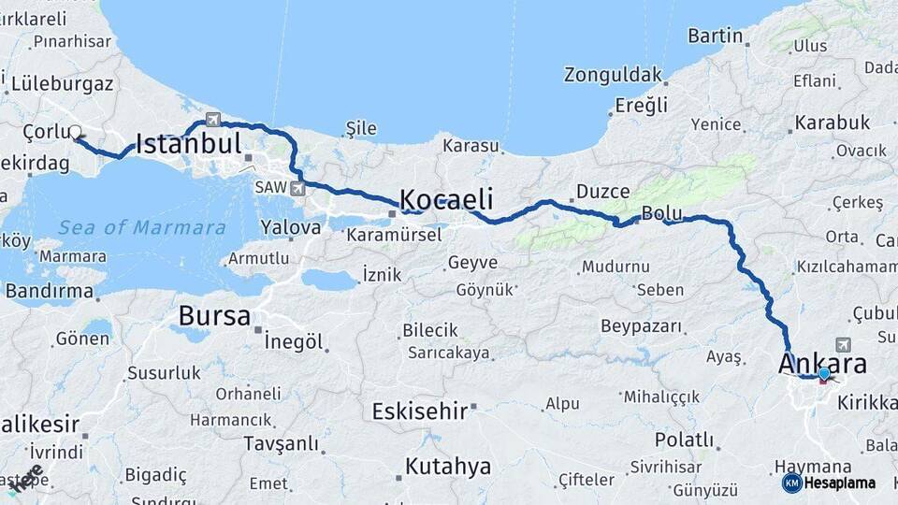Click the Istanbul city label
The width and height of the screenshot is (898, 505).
(189, 143)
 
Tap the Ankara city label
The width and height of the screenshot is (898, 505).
(822, 364)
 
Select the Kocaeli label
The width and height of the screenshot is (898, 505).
(446, 199)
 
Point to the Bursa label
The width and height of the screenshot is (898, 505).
(214, 316)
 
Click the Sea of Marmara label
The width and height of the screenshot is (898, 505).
(141, 227)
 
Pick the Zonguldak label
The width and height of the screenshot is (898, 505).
(613, 75)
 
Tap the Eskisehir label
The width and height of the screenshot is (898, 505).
(419, 411)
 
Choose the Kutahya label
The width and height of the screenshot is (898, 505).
(448, 466)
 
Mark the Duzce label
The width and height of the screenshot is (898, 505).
(602, 192)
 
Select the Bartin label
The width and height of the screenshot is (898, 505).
(715, 36)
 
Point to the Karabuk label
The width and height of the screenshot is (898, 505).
(832, 123)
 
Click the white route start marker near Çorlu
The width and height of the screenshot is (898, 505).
(75, 132)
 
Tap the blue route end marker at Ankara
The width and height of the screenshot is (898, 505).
(823, 374)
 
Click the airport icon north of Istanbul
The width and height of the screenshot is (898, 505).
(213, 119)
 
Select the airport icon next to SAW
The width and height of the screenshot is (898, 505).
(297, 188)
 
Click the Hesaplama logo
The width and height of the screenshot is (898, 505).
(829, 483)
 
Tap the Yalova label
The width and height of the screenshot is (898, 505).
(291, 226)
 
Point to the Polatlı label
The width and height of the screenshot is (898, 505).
(684, 440)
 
